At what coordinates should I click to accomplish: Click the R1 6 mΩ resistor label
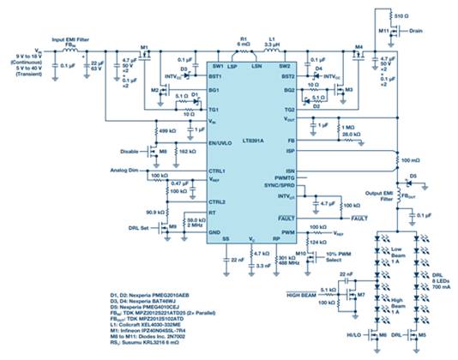tap(244, 43)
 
